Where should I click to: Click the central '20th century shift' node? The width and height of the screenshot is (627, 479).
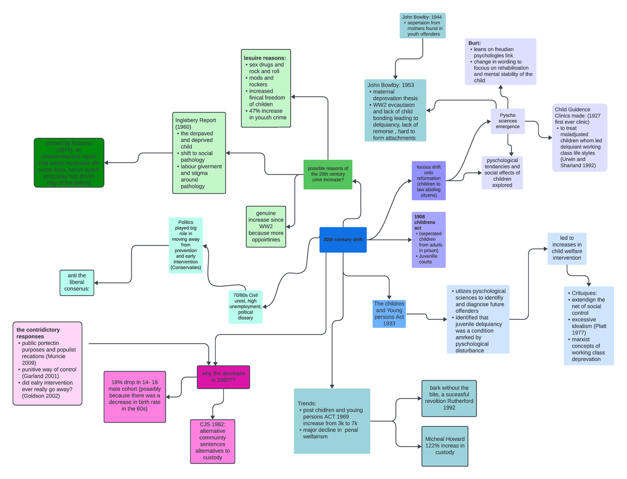click(343, 240)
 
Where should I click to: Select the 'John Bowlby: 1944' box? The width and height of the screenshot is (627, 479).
click(422, 26)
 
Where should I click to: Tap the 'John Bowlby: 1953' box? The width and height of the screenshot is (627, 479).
click(395, 110)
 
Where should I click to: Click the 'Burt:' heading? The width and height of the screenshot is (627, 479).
click(474, 43)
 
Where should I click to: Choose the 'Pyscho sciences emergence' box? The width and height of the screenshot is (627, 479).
click(507, 121)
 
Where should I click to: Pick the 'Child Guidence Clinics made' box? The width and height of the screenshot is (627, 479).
click(579, 137)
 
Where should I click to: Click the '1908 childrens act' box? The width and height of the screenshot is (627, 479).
click(428, 240)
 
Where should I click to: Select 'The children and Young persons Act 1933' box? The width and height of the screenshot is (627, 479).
click(389, 313)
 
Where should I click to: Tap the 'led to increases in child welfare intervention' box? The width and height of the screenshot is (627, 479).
click(566, 248)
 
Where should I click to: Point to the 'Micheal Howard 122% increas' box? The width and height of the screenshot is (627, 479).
click(449, 446)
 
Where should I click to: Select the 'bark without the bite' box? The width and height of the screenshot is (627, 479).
click(449, 398)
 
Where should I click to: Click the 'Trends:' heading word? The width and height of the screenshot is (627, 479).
click(307, 404)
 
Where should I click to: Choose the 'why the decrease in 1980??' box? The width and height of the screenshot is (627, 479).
click(223, 377)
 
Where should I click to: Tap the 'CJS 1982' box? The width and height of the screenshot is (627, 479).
click(212, 441)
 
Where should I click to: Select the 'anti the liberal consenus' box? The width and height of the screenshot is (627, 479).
click(77, 282)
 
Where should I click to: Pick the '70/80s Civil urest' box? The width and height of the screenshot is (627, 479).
click(245, 307)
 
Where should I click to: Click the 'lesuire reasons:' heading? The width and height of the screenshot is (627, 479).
click(264, 58)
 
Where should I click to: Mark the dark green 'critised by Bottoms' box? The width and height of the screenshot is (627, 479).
click(68, 162)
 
